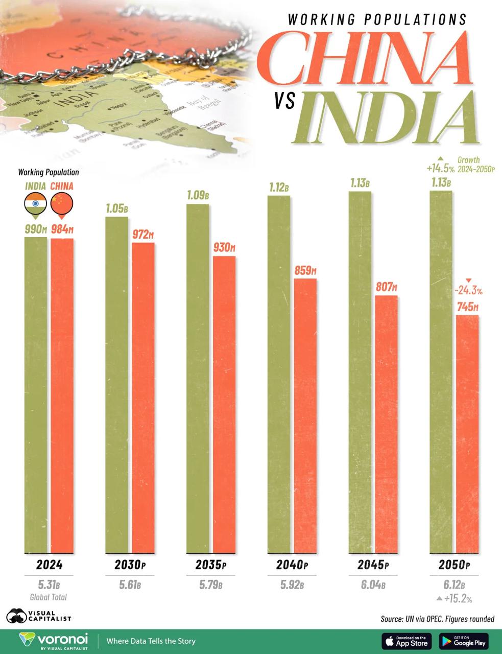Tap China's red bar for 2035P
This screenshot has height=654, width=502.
[224, 404]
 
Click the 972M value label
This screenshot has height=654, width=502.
[143, 235]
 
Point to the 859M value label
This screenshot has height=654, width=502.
[305, 271]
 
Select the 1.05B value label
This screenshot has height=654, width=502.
[117, 209]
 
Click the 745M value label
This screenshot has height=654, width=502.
[467, 307]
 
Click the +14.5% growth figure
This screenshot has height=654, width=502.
[440, 168]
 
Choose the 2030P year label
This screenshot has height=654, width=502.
[130, 565]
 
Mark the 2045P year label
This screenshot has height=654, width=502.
[373, 565]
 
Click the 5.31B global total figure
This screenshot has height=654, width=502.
[48, 585]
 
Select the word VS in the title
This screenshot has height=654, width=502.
[284, 101]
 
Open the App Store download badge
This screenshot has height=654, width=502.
[407, 641]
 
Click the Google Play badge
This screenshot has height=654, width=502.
[464, 641]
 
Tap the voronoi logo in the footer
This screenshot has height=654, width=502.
[54, 641]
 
